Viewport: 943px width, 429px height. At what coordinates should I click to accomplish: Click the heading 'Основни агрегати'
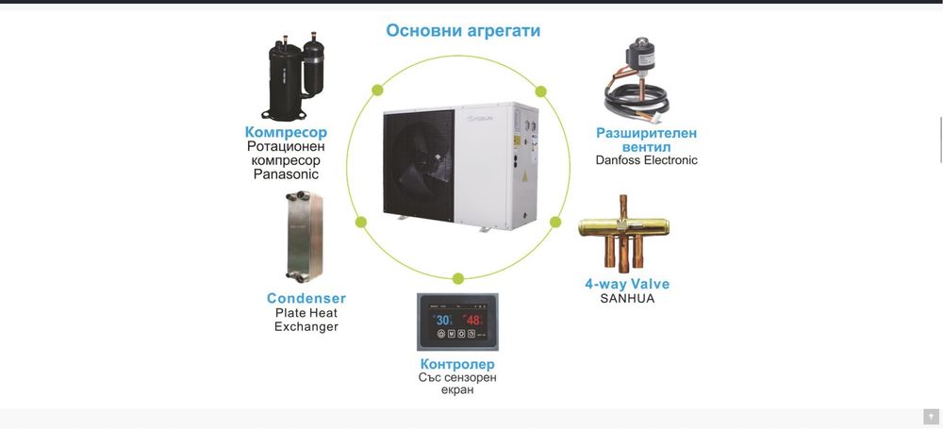463,30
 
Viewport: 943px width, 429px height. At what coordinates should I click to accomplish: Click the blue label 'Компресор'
286,132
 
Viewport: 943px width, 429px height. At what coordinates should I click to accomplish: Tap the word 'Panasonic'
286,174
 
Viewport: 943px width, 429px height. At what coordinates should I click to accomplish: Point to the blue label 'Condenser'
306,298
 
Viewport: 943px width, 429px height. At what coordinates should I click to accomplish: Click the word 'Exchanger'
306,326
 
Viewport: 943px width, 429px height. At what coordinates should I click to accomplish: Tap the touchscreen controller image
457,322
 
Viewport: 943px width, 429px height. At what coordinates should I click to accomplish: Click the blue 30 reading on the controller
442,321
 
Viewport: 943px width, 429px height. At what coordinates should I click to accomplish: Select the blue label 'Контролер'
457,364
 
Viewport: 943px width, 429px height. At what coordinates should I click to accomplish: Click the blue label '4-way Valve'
627,284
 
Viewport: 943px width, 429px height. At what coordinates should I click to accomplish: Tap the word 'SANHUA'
627,299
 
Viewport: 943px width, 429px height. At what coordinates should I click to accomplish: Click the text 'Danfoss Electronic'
646,160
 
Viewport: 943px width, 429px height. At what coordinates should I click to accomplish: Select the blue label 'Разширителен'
646,133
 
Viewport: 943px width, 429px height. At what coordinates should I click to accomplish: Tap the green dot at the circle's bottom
458,278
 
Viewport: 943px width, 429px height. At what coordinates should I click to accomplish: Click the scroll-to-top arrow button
931,417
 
